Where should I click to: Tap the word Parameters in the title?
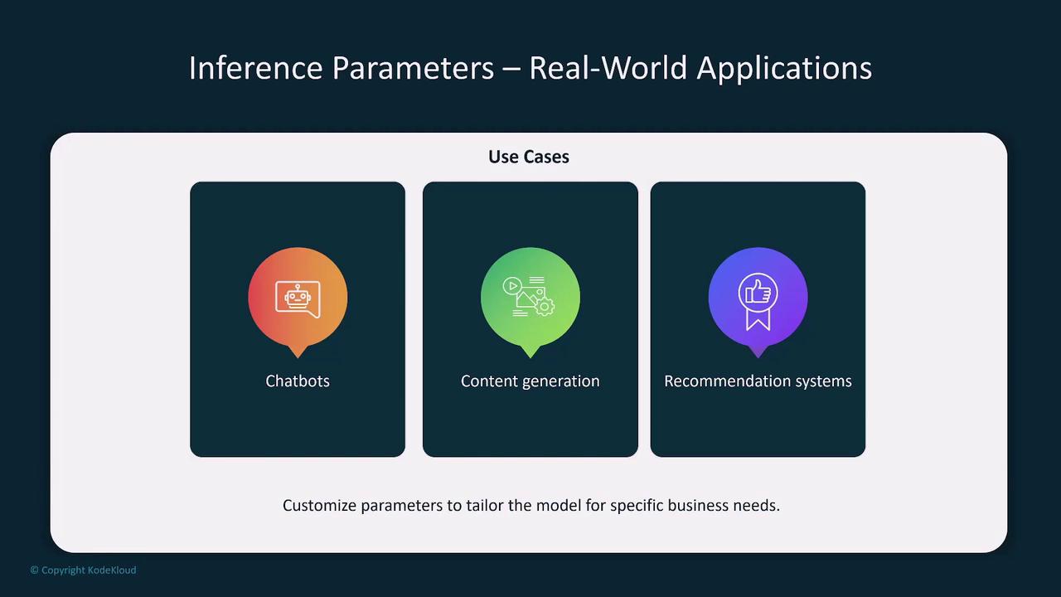tap(413, 68)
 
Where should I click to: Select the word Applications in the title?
tap(784, 69)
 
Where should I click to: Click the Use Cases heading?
tap(529, 157)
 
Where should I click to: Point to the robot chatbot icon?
tap(298, 299)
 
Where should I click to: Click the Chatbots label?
tap(298, 381)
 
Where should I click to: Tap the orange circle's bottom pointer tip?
tap(298, 357)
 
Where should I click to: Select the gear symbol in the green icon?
tap(545, 307)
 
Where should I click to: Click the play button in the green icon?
tap(512, 286)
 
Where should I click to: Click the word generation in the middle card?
tap(561, 382)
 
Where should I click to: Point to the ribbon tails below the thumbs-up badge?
tap(758, 320)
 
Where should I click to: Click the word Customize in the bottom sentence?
tap(320, 505)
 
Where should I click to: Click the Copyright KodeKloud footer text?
tap(84, 570)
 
